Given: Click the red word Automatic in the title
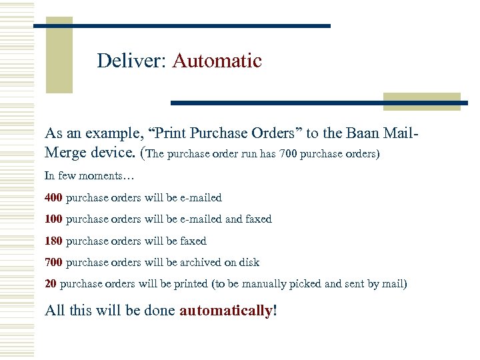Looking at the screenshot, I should click(x=217, y=61).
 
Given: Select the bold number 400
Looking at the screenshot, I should click(x=54, y=198).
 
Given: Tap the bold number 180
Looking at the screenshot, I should click(x=54, y=241).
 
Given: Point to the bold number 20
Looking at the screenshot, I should click(x=51, y=284).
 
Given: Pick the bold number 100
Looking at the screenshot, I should click(x=54, y=219).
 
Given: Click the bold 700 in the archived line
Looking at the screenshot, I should click(x=54, y=263).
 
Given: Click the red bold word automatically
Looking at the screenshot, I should click(x=226, y=310).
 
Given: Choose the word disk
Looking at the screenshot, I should click(x=249, y=263).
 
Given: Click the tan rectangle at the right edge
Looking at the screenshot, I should click(x=421, y=101).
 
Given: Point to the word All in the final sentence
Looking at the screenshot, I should click(x=55, y=310).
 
